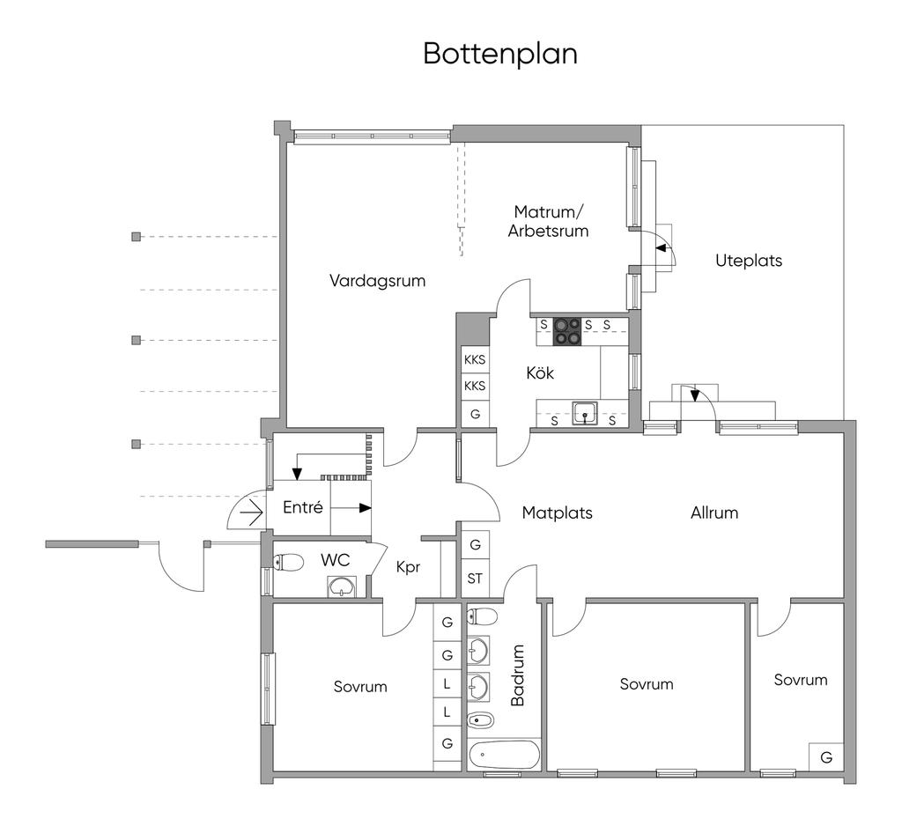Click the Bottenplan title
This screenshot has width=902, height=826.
click(x=499, y=53)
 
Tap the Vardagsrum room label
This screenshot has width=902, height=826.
click(x=377, y=282)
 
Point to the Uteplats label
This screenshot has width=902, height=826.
click(x=748, y=261)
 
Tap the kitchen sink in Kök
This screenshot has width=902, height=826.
click(x=583, y=412)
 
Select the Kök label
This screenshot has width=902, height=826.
click(x=540, y=373)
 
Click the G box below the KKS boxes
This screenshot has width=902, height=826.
click(x=475, y=413)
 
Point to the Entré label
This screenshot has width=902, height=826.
click(x=302, y=508)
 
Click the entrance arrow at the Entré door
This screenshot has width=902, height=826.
click(x=252, y=512)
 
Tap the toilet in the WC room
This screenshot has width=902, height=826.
click(x=289, y=562)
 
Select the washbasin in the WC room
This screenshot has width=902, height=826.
click(x=340, y=586)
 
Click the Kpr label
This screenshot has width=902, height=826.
click(x=407, y=568)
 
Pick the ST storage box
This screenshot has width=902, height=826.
click(x=475, y=579)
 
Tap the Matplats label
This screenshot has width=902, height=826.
click(x=557, y=513)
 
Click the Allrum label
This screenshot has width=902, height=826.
click(x=713, y=513)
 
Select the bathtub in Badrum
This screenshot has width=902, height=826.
click(x=503, y=756)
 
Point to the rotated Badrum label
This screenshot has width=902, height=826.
click(x=518, y=675)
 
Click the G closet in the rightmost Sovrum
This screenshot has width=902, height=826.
click(x=825, y=757)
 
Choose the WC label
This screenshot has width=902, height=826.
click(x=336, y=559)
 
